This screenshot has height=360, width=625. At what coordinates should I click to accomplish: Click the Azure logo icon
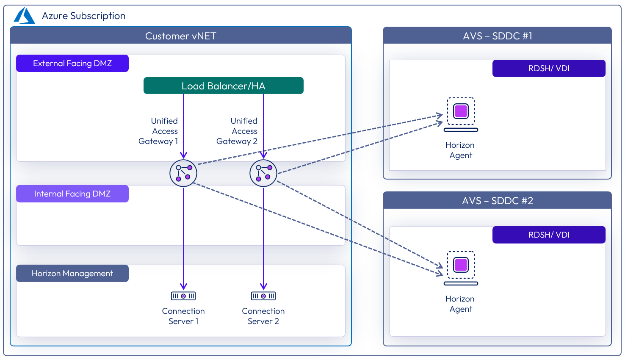[x=24, y=16]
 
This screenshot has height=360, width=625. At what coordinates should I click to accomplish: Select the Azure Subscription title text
[x=83, y=16]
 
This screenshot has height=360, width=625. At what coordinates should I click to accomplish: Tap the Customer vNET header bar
[x=181, y=36]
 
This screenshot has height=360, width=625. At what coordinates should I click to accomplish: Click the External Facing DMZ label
[x=72, y=64]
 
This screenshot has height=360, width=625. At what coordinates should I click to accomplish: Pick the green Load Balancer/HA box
[x=224, y=86]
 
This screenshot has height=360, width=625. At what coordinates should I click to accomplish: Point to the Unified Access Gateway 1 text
[x=159, y=131]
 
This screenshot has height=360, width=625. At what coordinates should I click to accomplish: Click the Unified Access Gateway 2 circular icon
[x=263, y=173]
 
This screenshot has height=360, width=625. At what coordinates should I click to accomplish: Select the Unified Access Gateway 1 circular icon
[x=183, y=173]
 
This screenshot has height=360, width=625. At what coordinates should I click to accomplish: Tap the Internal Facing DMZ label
[x=72, y=194]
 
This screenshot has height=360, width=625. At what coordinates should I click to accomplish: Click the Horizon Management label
[x=72, y=274]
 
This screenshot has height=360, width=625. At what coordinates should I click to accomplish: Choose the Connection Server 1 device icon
[x=183, y=296]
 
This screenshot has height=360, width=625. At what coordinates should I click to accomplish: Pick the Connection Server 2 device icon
[x=263, y=296]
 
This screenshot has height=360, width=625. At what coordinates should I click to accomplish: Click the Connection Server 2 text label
[x=263, y=316]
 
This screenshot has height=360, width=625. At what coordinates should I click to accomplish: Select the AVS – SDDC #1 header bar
[x=497, y=36]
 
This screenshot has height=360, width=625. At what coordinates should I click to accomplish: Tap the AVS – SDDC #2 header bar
[x=497, y=200]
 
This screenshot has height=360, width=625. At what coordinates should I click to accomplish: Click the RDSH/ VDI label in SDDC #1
[x=549, y=69]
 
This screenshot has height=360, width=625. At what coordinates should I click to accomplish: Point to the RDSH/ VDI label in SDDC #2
[x=549, y=235]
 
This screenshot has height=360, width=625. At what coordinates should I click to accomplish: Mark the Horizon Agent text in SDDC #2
[x=460, y=304]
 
